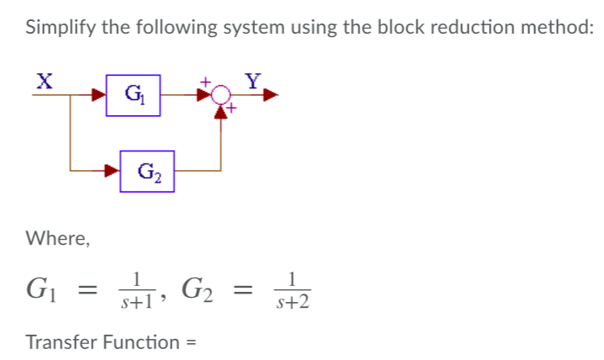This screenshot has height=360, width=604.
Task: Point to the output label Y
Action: (x=252, y=81)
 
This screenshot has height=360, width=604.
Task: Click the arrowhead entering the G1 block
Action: (x=99, y=96)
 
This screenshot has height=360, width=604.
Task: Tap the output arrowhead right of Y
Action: (x=270, y=96)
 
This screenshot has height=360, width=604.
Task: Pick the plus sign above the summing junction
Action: (x=204, y=82)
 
